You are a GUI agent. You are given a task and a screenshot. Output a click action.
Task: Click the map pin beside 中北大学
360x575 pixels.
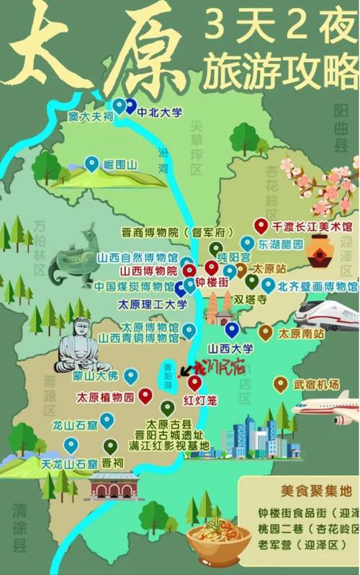tap(130, 106)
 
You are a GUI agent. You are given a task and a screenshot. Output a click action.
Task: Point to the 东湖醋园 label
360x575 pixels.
tap(282, 244)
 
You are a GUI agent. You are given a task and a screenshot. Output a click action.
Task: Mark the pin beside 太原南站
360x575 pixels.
tap(266, 332)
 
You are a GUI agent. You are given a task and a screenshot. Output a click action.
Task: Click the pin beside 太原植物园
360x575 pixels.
tap(145, 395)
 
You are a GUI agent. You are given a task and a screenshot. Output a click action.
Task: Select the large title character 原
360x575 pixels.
tap(137, 50)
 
